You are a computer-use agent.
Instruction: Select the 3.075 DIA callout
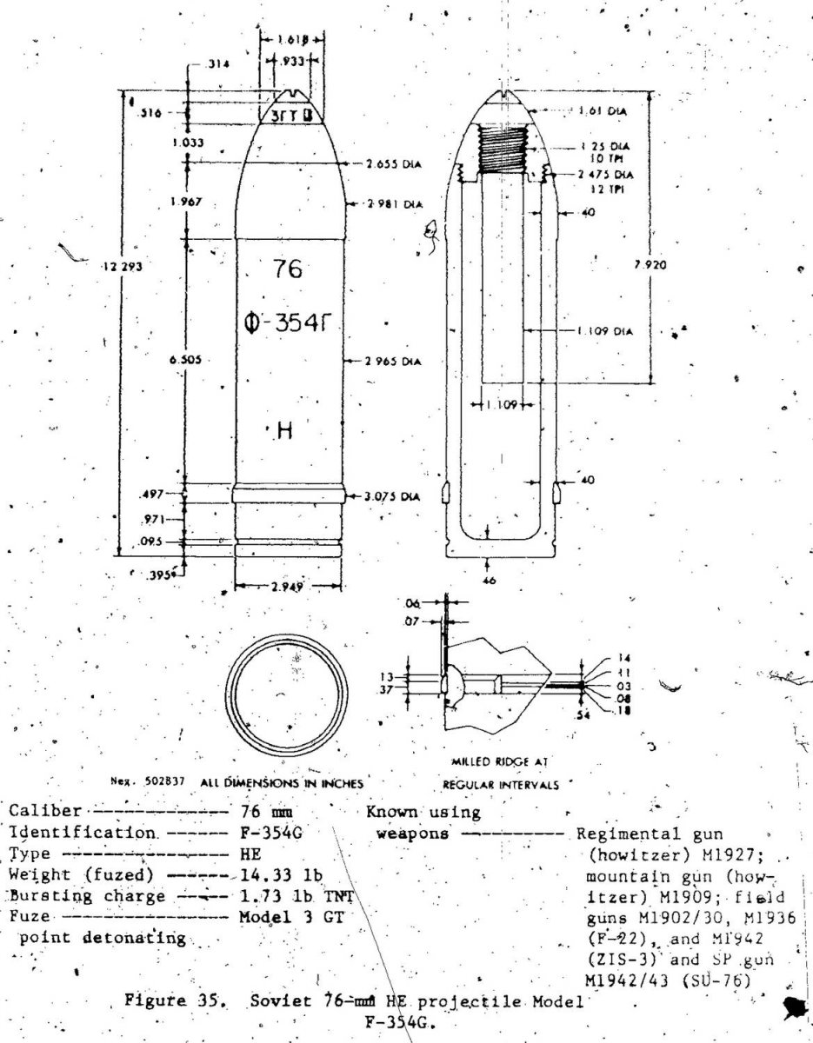(x=394, y=496)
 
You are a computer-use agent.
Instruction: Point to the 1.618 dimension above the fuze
(x=290, y=39)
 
